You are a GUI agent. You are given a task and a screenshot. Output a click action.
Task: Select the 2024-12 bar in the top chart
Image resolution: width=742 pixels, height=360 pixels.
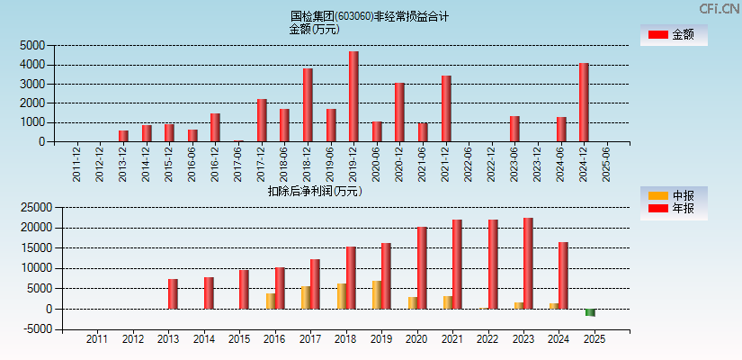[584, 102]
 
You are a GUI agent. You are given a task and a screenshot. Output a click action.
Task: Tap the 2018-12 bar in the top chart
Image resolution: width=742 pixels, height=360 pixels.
[308, 104]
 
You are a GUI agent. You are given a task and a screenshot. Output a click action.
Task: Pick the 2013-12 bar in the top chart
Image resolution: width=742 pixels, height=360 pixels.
[123, 136]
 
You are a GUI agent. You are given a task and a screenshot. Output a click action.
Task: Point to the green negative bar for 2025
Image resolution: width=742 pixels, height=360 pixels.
[590, 312]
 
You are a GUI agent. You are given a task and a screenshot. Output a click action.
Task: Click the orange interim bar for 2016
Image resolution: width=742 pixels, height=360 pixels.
[270, 301]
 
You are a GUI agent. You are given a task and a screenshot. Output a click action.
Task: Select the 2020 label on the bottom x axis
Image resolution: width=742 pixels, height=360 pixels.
[416, 340]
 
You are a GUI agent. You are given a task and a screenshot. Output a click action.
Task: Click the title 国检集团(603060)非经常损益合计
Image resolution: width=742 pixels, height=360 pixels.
[370, 16]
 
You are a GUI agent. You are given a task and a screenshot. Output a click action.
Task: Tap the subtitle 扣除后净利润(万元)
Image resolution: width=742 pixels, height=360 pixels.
[315, 191]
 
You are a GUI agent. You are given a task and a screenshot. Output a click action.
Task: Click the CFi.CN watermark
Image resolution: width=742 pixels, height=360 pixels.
[717, 9]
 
